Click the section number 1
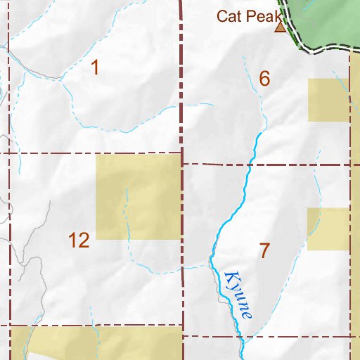[95, 68]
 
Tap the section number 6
[264, 79]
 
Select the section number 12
[79, 240]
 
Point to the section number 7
[264, 250]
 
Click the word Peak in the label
[261, 15]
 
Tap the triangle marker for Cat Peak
[280, 27]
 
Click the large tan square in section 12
[139, 197]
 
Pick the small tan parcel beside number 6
[328, 100]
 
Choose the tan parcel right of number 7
[328, 229]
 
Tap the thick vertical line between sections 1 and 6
[181, 77]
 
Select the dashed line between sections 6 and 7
[281, 165]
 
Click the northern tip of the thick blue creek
[262, 132]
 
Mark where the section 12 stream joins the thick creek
[210, 265]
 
